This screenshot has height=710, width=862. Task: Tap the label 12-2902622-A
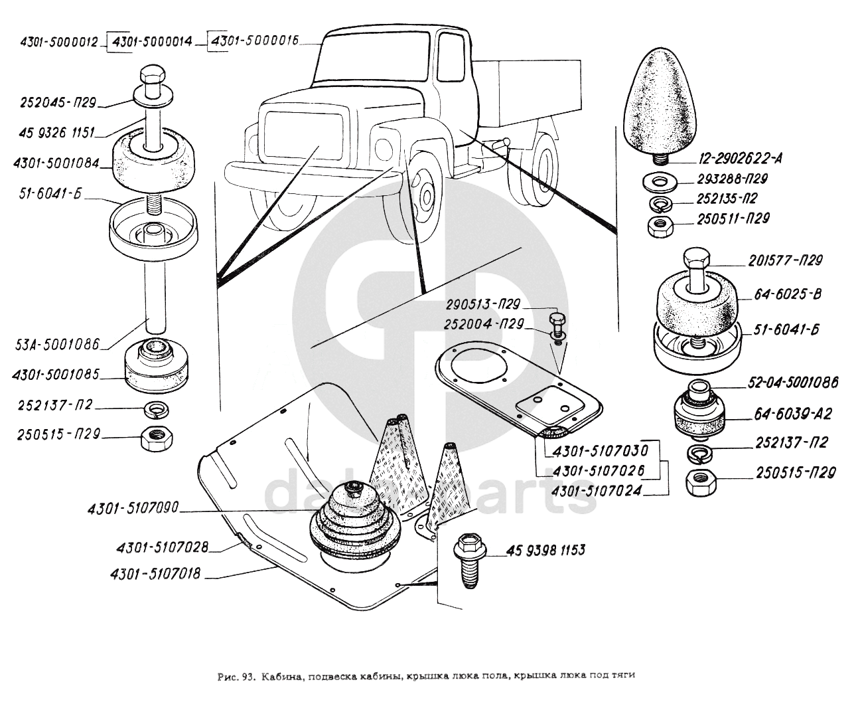[x=741, y=158]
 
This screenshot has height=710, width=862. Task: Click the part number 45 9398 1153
[x=546, y=550]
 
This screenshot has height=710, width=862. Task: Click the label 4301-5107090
[x=133, y=510]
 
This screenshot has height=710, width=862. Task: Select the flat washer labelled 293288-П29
[x=658, y=180]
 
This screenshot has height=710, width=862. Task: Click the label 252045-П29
[x=59, y=104]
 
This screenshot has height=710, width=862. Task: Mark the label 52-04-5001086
[x=794, y=383]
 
